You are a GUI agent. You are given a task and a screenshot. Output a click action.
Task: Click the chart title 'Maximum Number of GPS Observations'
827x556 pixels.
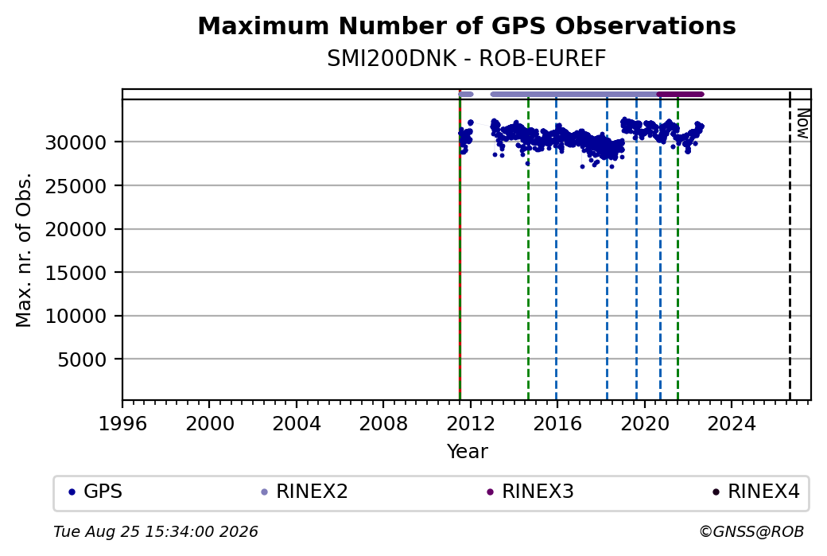[466, 25]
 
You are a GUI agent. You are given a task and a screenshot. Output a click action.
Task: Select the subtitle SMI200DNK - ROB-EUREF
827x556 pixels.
[466, 59]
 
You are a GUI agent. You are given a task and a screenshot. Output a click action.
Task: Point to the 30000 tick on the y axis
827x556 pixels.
[76, 142]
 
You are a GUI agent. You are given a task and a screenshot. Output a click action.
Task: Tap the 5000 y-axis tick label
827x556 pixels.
[82, 360]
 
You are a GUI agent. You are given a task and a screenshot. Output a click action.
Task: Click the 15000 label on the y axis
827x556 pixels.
[76, 273]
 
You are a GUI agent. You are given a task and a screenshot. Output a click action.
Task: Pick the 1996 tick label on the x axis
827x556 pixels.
[122, 424]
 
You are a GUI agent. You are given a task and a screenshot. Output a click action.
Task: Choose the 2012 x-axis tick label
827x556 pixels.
[471, 424]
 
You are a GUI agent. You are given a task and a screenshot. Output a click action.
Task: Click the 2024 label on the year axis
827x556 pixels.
[732, 424]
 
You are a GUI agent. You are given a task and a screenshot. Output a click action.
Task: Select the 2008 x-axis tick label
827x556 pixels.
[383, 424]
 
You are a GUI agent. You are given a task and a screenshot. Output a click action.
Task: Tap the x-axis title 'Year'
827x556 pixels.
[467, 452]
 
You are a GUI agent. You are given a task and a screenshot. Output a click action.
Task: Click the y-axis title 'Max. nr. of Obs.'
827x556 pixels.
[24, 250]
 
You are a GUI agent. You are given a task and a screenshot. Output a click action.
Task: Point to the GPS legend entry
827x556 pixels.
[96, 492]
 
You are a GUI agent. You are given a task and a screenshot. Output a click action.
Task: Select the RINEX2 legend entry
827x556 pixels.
[305, 492]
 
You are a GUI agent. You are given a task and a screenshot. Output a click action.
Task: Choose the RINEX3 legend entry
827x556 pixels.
[530, 492]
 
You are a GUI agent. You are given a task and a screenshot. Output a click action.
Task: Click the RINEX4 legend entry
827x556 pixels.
[756, 492]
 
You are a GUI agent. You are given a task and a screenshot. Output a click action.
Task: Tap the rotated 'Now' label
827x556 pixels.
[802, 124]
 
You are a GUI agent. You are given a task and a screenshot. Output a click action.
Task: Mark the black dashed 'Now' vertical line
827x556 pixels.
[790, 246]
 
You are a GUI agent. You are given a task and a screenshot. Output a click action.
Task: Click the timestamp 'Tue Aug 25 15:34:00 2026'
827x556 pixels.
[156, 531]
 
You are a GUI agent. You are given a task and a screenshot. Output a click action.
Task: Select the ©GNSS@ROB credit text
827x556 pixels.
[751, 531]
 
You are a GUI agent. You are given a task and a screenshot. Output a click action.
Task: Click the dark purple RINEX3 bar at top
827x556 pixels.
[681, 95]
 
